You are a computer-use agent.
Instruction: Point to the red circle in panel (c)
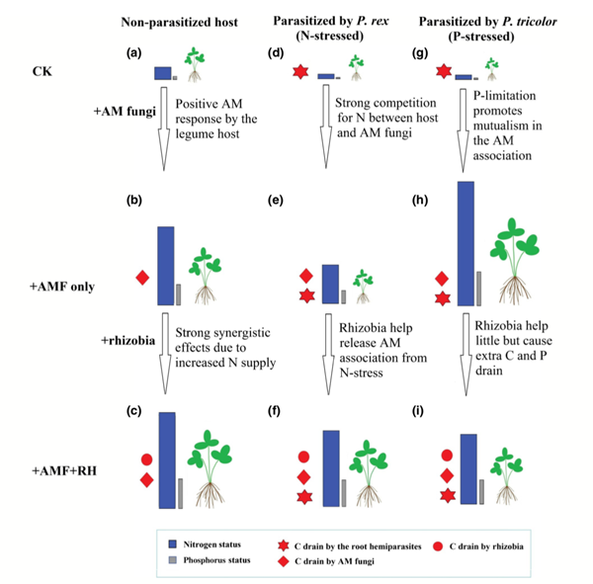[x=146, y=459]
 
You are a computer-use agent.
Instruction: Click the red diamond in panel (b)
[x=142, y=278]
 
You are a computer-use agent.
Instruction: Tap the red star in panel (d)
[x=299, y=72]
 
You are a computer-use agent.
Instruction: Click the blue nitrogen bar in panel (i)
[x=468, y=470]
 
